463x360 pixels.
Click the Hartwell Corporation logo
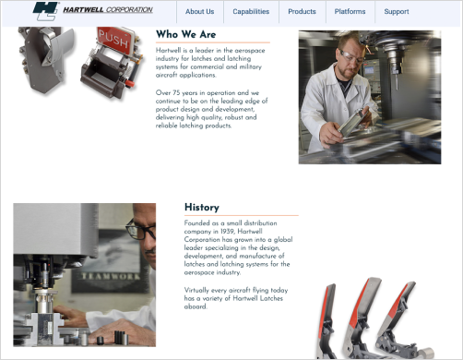[x=92, y=11]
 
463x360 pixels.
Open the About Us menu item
[x=199, y=12]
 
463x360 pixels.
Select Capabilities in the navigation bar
[x=251, y=12]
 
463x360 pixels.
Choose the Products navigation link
[x=302, y=12]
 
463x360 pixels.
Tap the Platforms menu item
[x=350, y=12]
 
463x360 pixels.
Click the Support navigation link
[x=397, y=12]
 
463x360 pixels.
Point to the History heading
[x=201, y=208]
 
